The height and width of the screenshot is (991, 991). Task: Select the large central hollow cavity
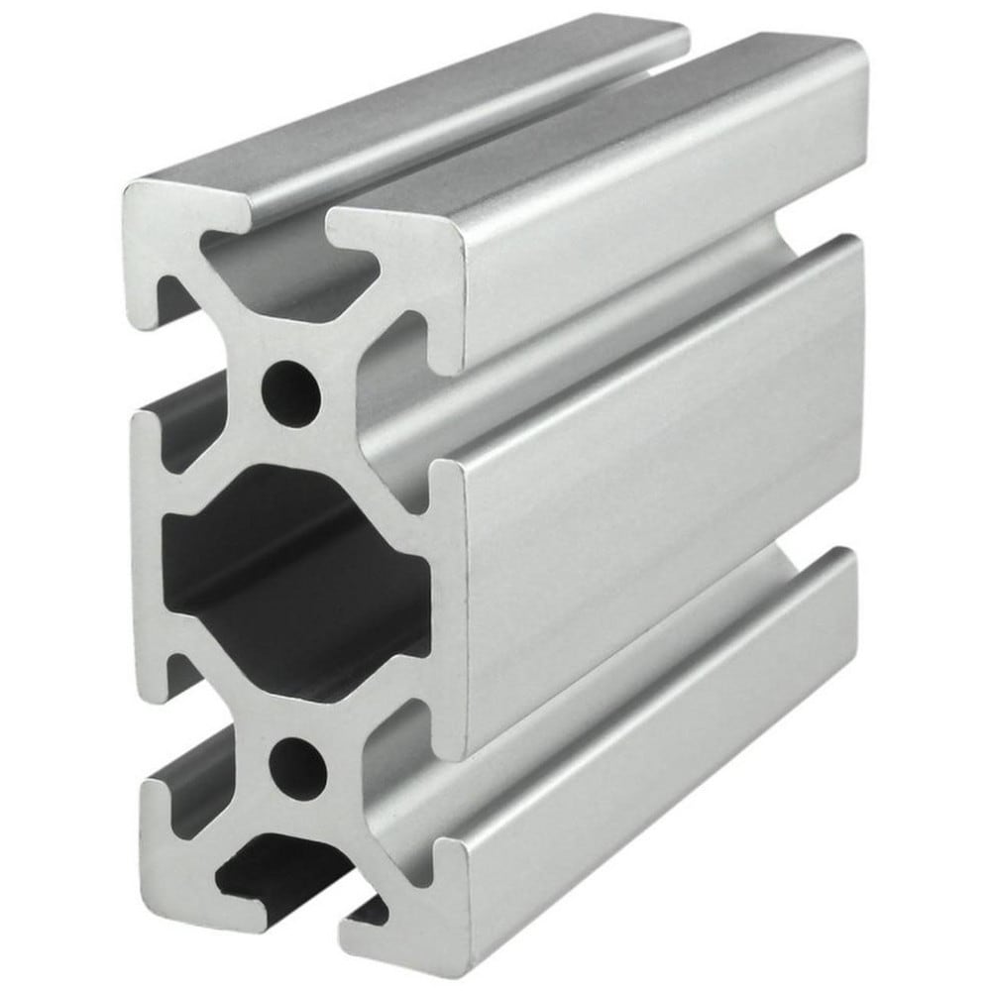[x=297, y=575]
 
